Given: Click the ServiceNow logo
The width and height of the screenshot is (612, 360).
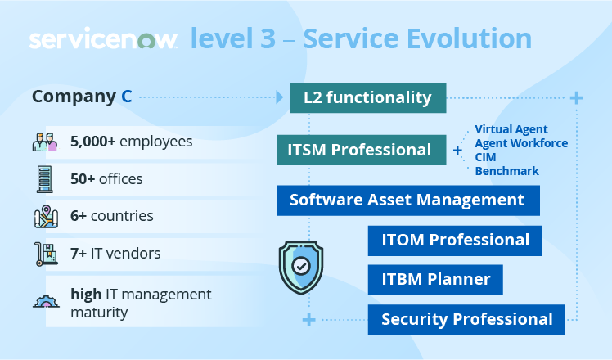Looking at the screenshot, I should (x=103, y=39).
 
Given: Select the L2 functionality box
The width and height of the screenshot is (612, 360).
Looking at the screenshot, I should (x=367, y=98).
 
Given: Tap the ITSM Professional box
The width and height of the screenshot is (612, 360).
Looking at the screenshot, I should (x=359, y=150).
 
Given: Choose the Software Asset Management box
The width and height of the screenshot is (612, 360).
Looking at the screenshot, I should (x=407, y=200).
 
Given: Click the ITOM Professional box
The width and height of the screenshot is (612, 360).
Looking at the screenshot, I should (x=455, y=240).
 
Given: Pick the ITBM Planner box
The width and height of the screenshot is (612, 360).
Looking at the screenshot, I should (x=435, y=279).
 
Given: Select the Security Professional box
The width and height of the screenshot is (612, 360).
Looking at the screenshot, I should (x=466, y=319).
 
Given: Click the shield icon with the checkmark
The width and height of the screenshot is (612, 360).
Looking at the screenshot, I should (x=300, y=267).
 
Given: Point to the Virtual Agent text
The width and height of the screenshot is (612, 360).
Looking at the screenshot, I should (x=511, y=129).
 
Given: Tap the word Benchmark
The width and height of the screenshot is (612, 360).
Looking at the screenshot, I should (x=507, y=171).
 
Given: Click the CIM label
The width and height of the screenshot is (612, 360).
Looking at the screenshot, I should (x=487, y=157).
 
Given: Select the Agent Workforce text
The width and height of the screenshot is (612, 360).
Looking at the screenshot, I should (x=521, y=143).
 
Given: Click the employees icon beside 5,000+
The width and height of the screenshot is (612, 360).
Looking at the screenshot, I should (x=45, y=142).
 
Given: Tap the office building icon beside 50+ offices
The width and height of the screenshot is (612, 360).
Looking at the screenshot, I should (x=45, y=178).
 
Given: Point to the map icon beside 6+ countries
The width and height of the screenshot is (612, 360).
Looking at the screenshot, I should (x=46, y=216).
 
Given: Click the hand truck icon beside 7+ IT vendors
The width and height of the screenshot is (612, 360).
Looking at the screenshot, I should (x=45, y=254).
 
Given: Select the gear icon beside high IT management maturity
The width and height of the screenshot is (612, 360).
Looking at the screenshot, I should (x=46, y=300).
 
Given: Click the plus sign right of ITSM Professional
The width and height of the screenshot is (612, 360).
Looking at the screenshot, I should (x=457, y=151).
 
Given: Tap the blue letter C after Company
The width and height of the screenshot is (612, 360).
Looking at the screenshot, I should (x=127, y=97).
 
